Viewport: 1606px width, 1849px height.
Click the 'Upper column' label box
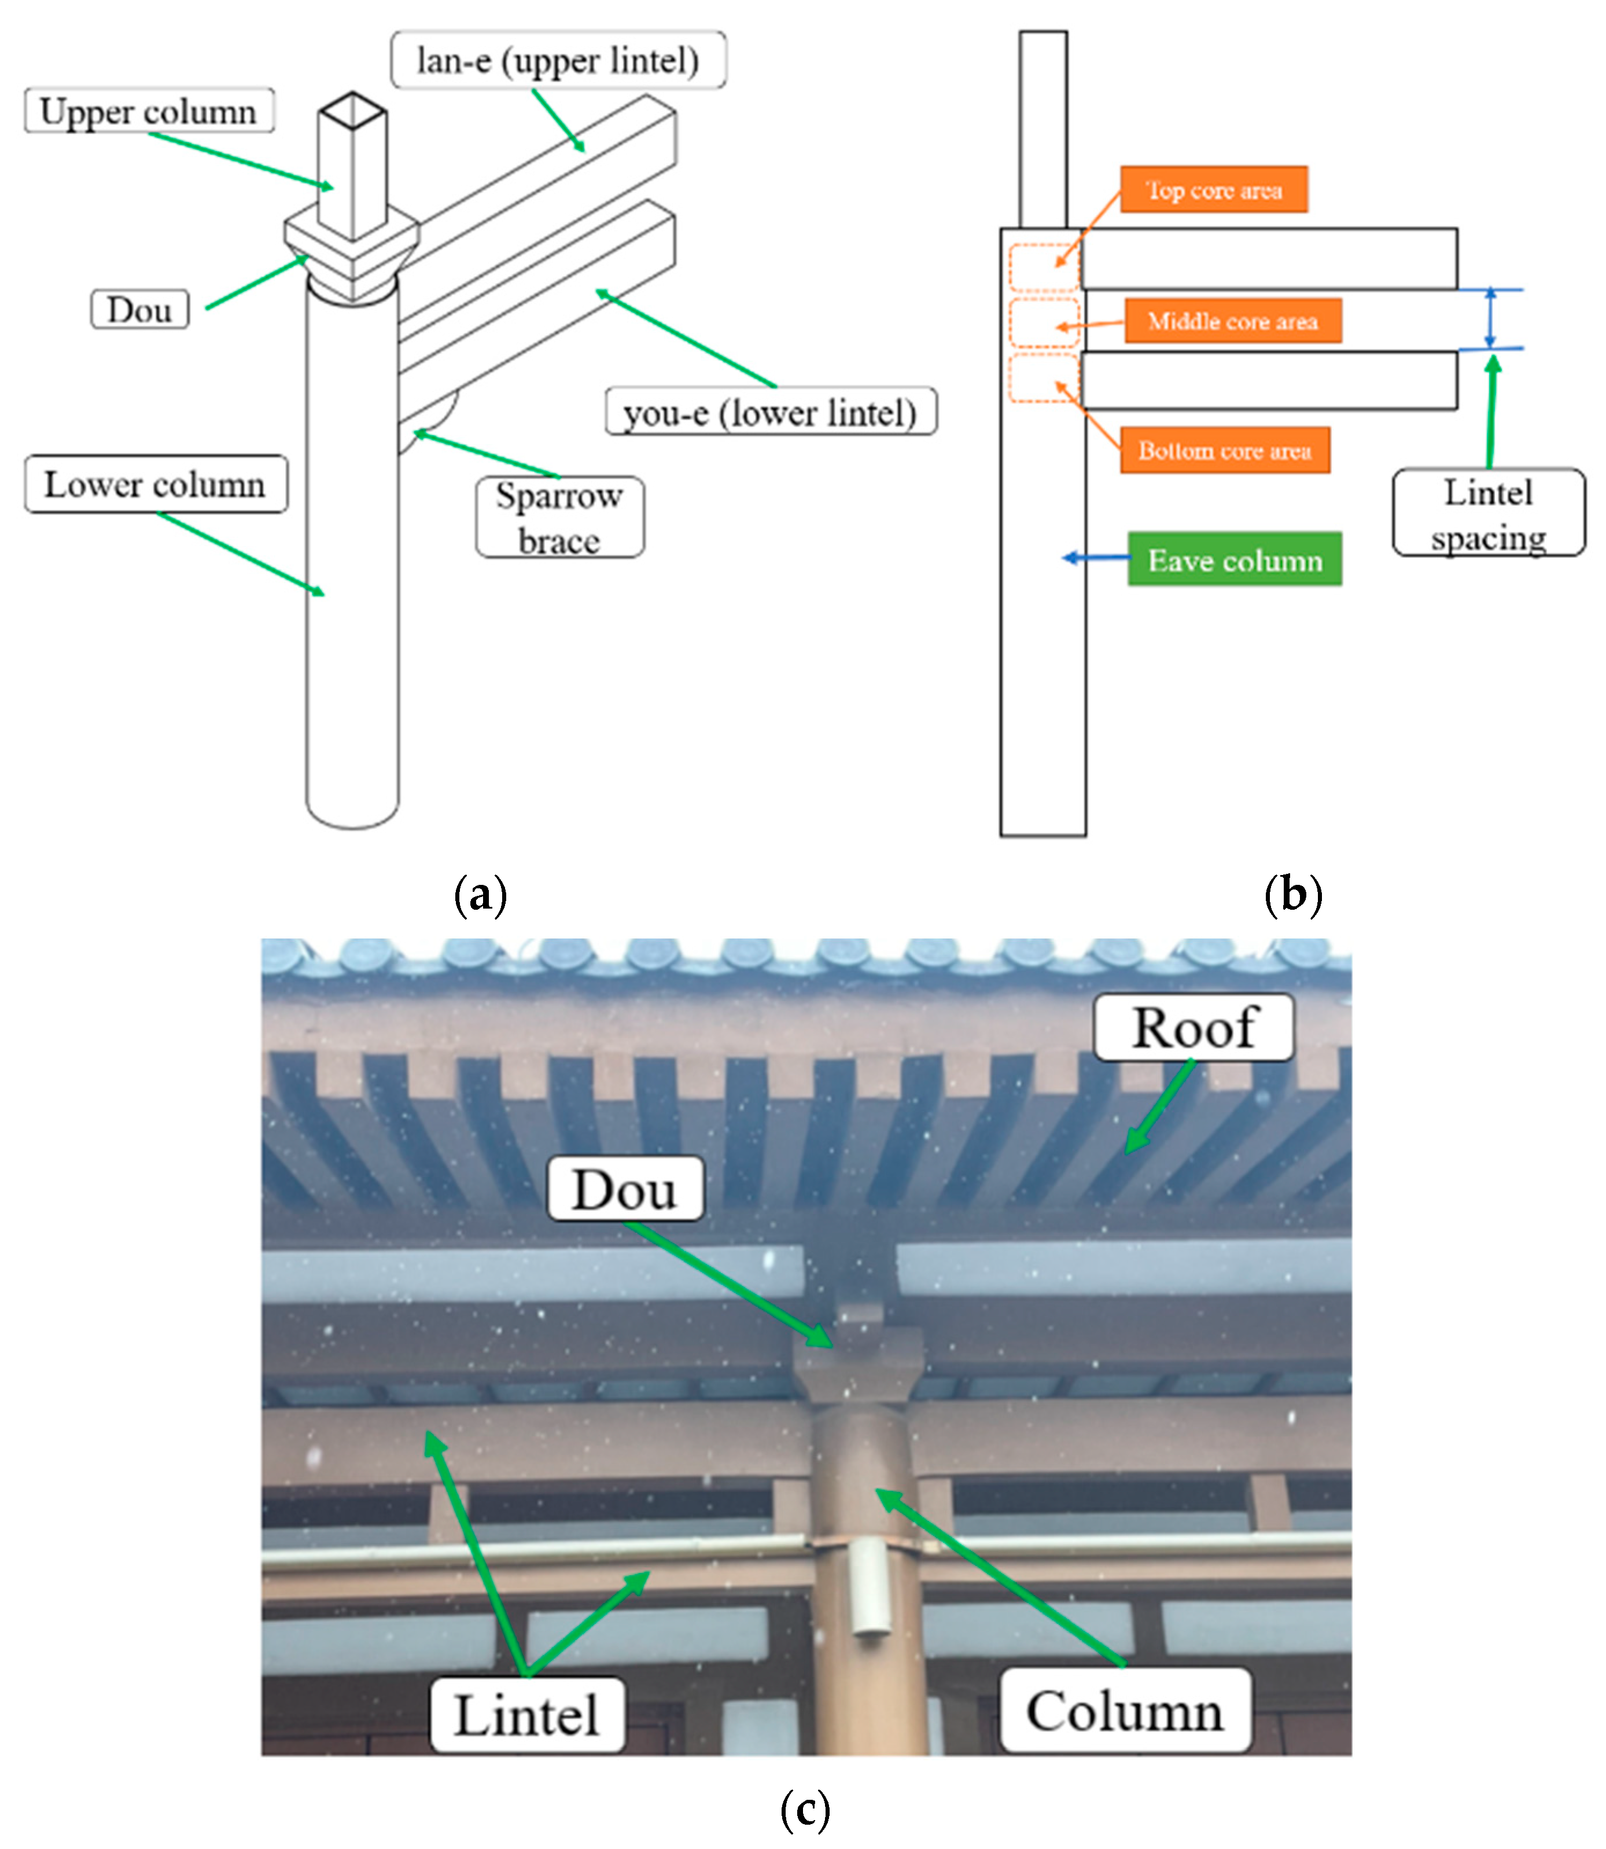click(149, 110)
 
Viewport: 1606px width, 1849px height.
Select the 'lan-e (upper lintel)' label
click(558, 60)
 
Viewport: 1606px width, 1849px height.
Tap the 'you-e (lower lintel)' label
click(771, 411)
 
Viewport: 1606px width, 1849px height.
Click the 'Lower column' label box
click(156, 484)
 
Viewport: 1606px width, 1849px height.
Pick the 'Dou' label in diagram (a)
click(140, 309)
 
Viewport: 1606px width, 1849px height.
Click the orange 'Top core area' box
click(1213, 189)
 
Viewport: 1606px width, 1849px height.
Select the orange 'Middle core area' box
click(1233, 320)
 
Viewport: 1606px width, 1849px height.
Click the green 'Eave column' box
click(1235, 559)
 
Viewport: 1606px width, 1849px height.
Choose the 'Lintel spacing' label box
click(1489, 513)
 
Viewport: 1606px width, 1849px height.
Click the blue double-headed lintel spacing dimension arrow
click(1490, 318)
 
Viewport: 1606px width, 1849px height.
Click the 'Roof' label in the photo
click(1194, 1027)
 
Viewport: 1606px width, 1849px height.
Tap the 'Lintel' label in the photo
click(527, 1715)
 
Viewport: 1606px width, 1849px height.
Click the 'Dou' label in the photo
click(625, 1189)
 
